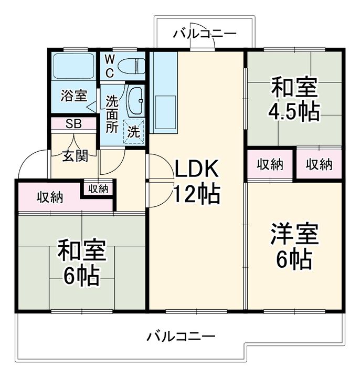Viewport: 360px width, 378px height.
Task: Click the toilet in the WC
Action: click(131, 66)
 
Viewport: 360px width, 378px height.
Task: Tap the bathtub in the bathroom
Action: click(73, 66)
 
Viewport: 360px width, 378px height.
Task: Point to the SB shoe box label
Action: click(73, 124)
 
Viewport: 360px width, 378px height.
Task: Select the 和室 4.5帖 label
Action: click(294, 99)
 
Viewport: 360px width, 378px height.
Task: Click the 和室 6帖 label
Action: click(81, 262)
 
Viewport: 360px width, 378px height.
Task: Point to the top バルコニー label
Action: click(205, 34)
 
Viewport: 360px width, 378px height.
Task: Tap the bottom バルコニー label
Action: click(181, 337)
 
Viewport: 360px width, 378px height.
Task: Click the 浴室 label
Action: click(73, 96)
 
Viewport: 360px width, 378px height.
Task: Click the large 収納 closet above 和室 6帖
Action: click(49, 197)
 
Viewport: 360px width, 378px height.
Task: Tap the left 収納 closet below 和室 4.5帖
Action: click(270, 164)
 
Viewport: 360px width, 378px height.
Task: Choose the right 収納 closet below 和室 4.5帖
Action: click(319, 164)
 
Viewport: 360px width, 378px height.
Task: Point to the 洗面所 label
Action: click(112, 113)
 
